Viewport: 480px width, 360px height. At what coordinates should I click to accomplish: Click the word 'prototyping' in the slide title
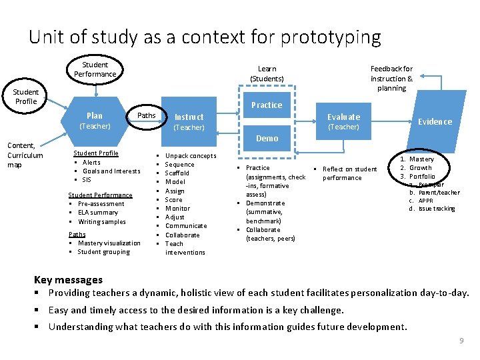[x=331, y=37]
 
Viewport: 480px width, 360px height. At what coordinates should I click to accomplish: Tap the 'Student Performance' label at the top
[x=95, y=69]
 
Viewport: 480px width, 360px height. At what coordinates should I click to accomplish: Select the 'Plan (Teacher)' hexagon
[x=95, y=120]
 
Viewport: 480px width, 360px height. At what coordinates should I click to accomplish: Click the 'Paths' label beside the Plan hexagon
[x=146, y=115]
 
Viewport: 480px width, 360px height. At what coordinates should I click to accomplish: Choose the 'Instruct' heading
[x=189, y=117]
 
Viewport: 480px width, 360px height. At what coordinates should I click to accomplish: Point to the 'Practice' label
[x=267, y=105]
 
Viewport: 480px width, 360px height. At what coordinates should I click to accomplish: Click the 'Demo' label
[x=267, y=138]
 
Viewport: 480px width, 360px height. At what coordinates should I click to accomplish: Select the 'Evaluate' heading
[x=343, y=117]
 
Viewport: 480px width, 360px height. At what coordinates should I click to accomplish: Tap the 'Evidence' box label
[x=435, y=121]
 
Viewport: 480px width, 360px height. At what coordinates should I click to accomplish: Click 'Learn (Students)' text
[x=267, y=73]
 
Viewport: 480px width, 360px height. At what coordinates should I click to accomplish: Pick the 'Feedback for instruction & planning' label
[x=391, y=78]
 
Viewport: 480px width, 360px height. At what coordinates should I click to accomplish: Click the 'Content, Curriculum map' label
[x=25, y=155]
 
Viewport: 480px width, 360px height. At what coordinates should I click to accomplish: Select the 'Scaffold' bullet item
[x=177, y=173]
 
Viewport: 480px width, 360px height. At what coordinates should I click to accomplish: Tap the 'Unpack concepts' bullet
[x=191, y=155]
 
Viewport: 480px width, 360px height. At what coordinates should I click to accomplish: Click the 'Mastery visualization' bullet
[x=109, y=243]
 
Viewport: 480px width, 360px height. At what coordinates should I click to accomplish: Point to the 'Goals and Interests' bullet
[x=111, y=171]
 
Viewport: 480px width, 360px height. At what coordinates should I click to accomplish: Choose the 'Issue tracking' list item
[x=436, y=209]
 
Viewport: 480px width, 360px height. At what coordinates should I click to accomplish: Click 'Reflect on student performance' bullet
[x=349, y=173]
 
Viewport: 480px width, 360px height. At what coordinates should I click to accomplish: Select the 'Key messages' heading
[x=68, y=279]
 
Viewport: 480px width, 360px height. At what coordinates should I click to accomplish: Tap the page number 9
[x=461, y=341]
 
